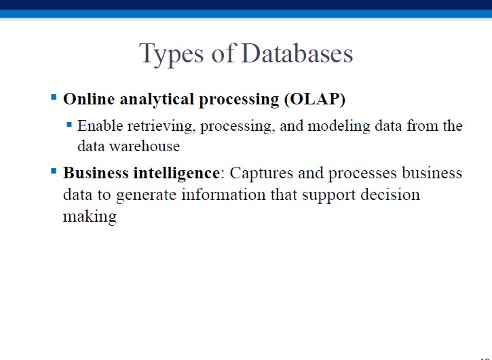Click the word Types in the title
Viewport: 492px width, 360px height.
tap(171, 54)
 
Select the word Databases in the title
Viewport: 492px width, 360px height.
tap(297, 53)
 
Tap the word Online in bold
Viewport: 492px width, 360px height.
tap(89, 99)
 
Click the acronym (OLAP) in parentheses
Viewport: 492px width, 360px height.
tap(315, 100)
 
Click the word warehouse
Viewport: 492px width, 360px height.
tap(145, 146)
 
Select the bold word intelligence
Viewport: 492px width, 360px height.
tap(176, 174)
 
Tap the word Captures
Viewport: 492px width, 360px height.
tap(261, 174)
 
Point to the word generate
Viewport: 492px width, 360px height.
tap(146, 195)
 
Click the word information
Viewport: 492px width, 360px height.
tap(223, 195)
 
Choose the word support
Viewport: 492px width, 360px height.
tap(329, 195)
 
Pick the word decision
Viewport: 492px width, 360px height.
tap(390, 195)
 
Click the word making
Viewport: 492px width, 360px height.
tap(90, 217)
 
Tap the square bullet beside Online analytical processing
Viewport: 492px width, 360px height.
tap(54, 97)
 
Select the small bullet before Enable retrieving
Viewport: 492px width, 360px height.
tap(69, 125)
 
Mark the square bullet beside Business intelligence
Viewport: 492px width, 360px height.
tap(54, 172)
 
